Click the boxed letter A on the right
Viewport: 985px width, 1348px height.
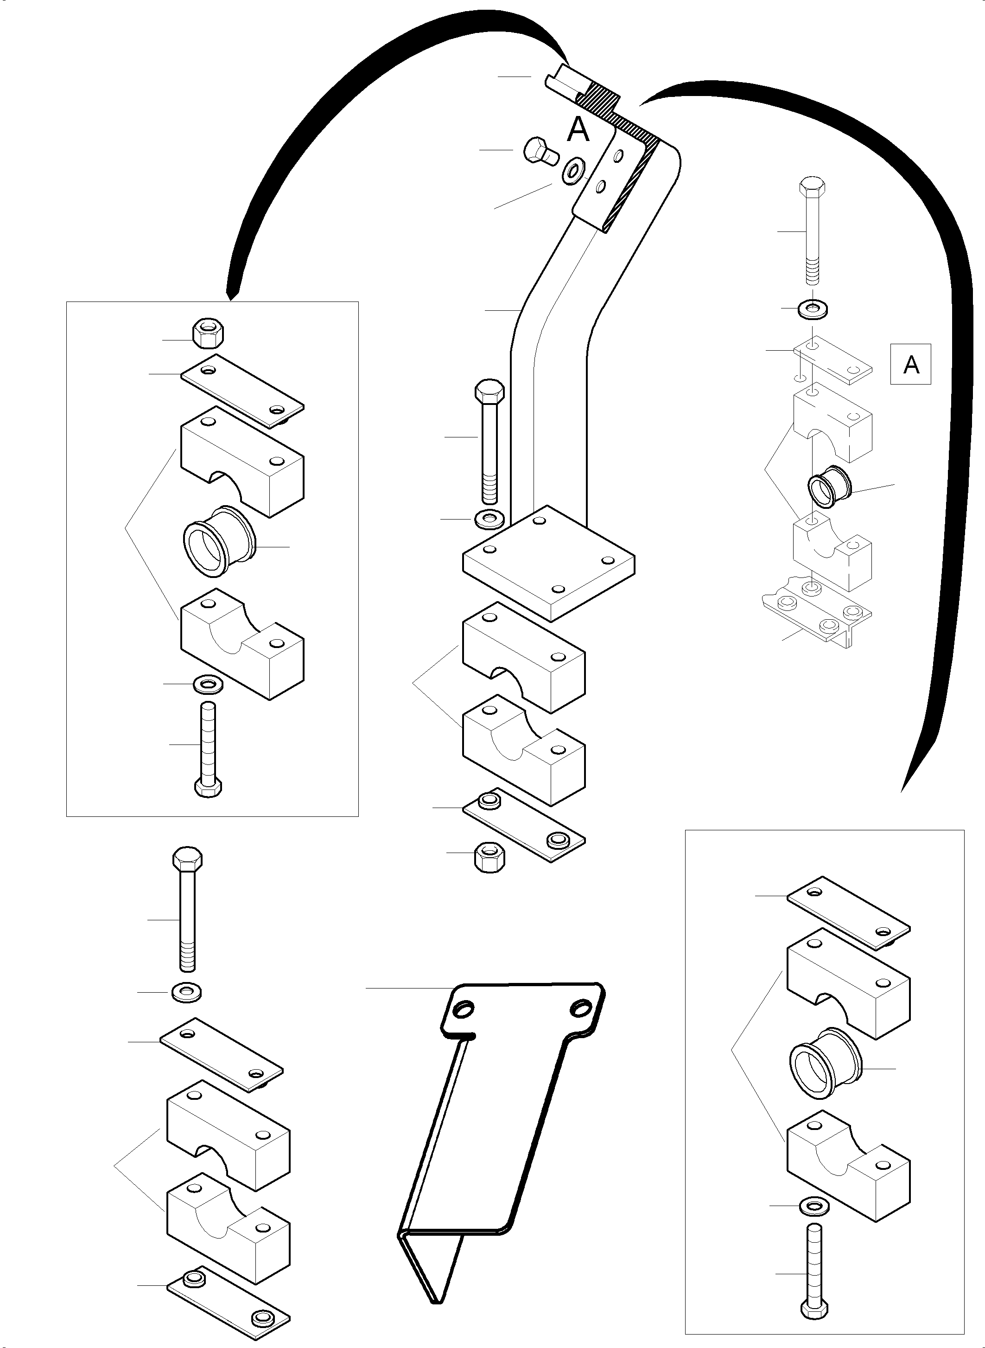coord(910,364)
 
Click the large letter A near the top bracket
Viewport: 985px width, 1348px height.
coord(578,129)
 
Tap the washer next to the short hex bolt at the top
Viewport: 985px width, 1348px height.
coord(573,171)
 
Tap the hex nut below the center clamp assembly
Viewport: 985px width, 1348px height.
coord(490,858)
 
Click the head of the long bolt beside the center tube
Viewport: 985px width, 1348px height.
coord(489,392)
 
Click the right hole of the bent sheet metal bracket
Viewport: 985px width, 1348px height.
coord(579,1008)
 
